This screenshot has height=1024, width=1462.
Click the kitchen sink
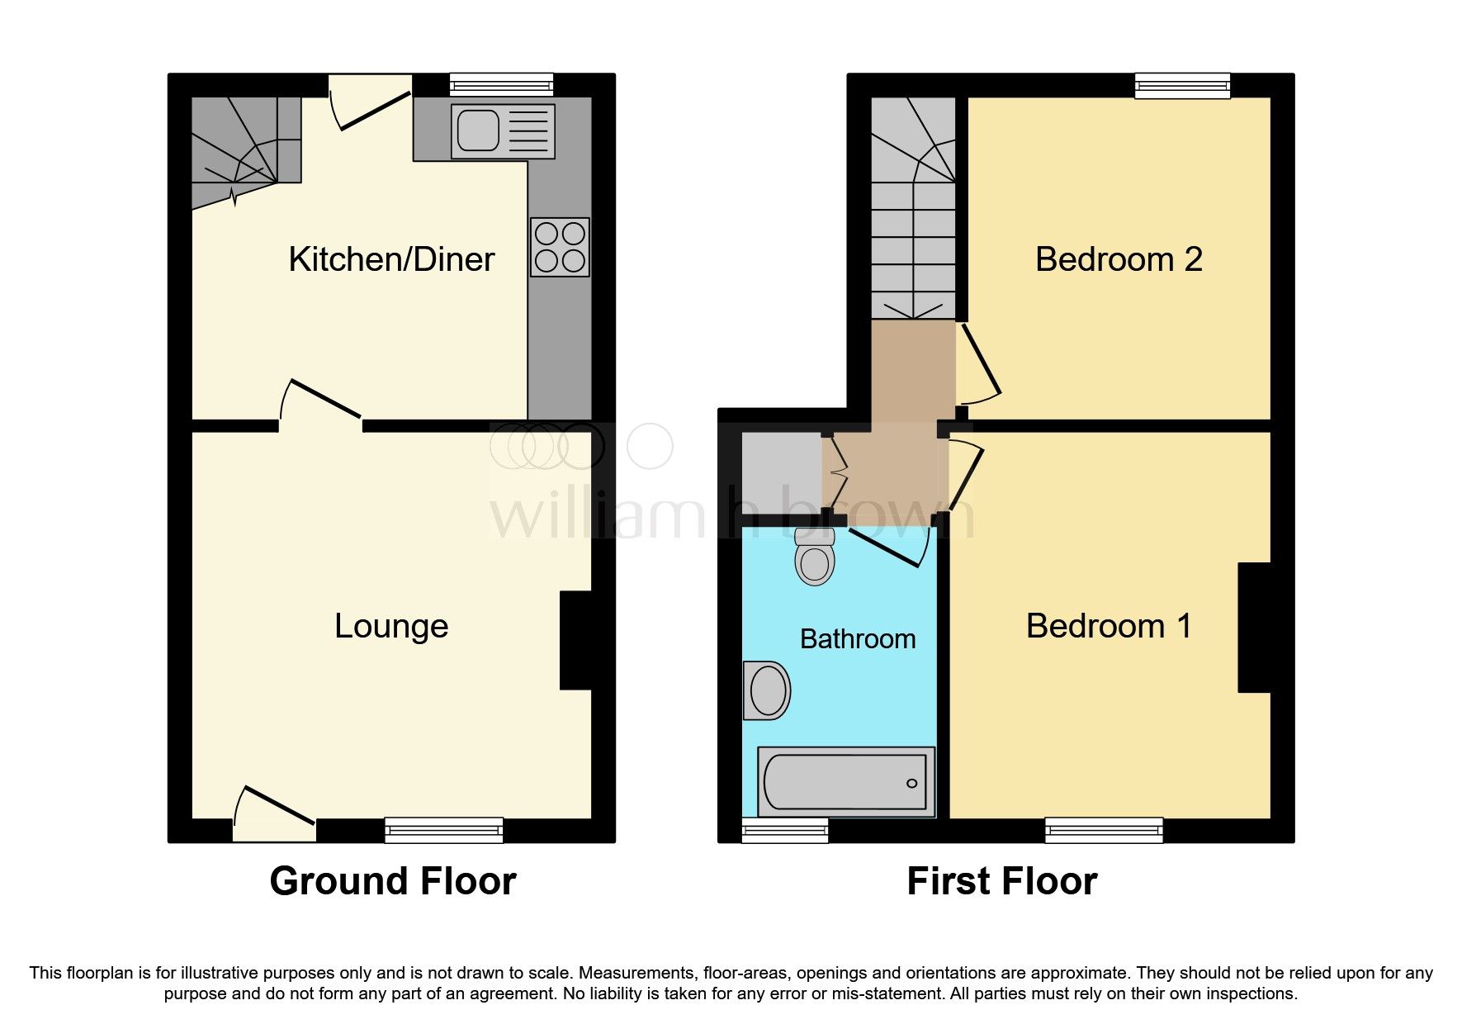(x=503, y=131)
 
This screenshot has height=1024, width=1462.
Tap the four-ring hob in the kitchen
(x=560, y=247)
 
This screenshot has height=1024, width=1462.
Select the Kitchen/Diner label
(x=391, y=260)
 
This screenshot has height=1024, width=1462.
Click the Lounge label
(x=391, y=626)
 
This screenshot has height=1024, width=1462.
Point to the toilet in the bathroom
(x=815, y=558)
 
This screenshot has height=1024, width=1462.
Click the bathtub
(x=845, y=782)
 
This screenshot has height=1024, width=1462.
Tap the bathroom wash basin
(x=767, y=690)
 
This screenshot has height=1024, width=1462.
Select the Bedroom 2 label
(x=1118, y=260)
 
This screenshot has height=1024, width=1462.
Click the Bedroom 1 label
(x=1109, y=626)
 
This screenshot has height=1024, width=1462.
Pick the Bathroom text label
(x=858, y=639)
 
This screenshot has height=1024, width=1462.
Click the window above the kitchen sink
(x=501, y=84)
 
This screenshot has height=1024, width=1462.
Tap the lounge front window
(x=444, y=830)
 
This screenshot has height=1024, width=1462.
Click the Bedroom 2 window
(x=1182, y=85)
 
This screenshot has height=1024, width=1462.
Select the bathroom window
(x=784, y=830)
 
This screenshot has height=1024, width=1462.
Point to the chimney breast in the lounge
(x=576, y=640)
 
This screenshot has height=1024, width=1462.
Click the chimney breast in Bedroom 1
(x=1254, y=628)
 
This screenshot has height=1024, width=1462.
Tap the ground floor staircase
(x=244, y=149)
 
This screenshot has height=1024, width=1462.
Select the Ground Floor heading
(x=393, y=881)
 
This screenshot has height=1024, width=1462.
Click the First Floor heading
(x=1001, y=881)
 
